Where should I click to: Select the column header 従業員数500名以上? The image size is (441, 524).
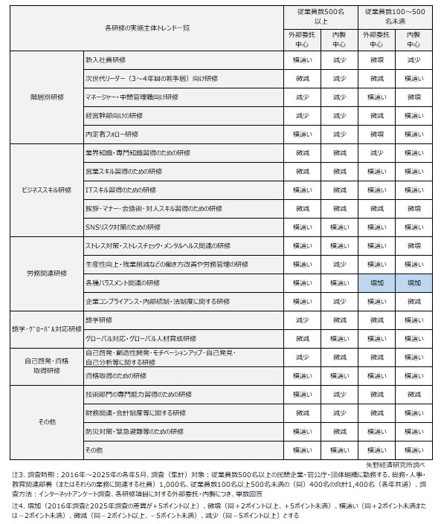pyautogui.click(x=321, y=16)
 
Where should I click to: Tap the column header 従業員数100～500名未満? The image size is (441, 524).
pyautogui.click(x=395, y=16)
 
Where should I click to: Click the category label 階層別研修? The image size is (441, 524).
pyautogui.click(x=47, y=97)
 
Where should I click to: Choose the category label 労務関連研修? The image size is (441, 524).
pyautogui.click(x=47, y=273)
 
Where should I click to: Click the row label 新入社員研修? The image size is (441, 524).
pyautogui.click(x=107, y=59)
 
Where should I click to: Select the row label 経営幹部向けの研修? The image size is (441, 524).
pyautogui.click(x=114, y=115)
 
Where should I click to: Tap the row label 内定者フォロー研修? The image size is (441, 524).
pyautogui.click(x=112, y=134)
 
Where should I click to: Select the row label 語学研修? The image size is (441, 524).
pyautogui.click(x=99, y=320)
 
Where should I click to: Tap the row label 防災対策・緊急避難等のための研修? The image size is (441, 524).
pyautogui.click(x=135, y=431)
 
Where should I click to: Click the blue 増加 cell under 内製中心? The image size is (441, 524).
pyautogui.click(x=413, y=283)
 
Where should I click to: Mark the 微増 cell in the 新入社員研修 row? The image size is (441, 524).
pyautogui.click(x=376, y=59)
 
